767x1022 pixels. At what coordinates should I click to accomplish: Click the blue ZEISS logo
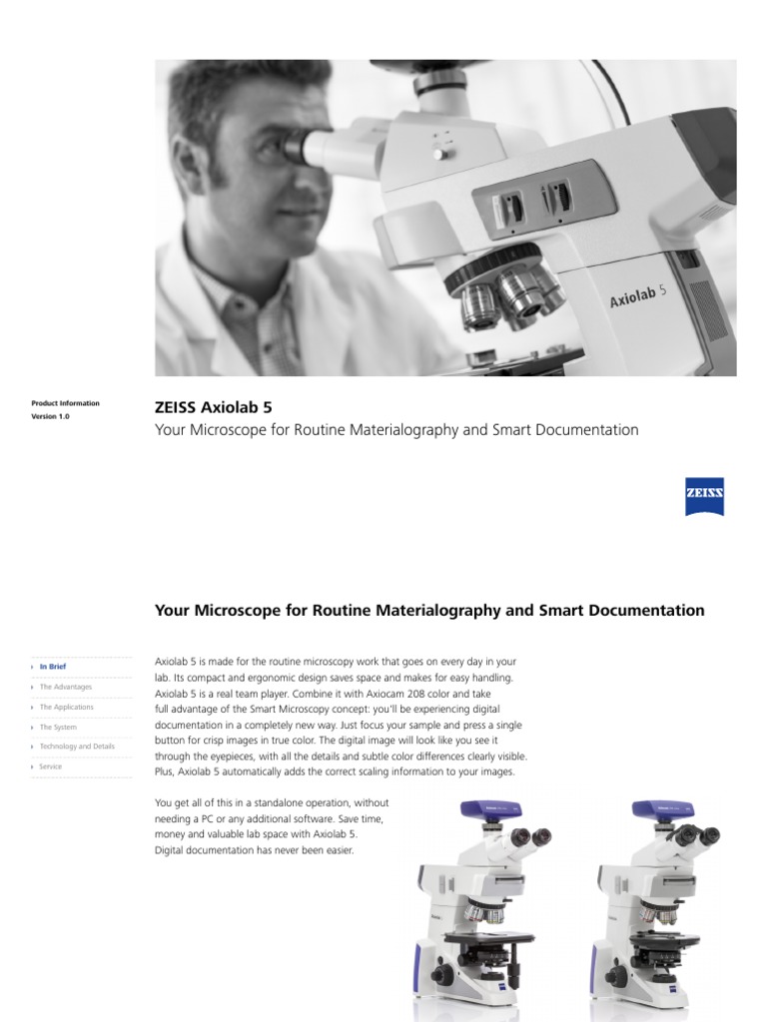(x=704, y=496)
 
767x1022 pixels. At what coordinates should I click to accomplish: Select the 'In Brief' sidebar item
(x=52, y=666)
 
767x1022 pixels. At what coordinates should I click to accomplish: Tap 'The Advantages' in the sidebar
(x=65, y=687)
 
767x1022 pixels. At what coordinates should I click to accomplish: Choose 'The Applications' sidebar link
(x=66, y=707)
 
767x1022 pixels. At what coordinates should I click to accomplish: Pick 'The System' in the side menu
(x=58, y=727)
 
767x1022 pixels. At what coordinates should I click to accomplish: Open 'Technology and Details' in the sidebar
(x=77, y=747)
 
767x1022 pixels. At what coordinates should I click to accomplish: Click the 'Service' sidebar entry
(x=50, y=766)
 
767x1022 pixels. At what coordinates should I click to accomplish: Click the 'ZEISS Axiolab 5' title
(x=213, y=407)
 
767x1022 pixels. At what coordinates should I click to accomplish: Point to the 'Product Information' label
(x=66, y=403)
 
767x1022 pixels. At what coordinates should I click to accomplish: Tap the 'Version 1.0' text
(x=51, y=416)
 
